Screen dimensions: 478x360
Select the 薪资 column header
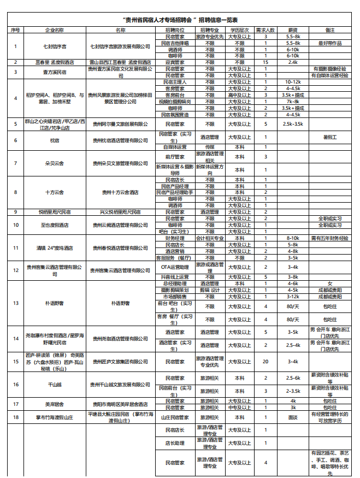point(293,29)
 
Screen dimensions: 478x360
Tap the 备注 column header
point(329,29)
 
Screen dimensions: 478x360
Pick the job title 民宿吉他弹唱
point(175,43)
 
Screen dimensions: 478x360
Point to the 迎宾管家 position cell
point(175,62)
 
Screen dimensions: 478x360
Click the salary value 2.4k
point(293,62)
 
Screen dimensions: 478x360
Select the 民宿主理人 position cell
point(175,82)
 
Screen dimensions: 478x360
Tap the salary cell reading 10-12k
point(293,82)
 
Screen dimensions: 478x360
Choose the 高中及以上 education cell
point(240,95)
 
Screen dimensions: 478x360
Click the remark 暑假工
point(329,138)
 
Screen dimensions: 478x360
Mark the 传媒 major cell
point(210,147)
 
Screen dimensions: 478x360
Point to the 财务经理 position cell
point(175,238)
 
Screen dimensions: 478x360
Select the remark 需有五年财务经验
point(329,238)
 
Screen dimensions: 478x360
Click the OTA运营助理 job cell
point(175,267)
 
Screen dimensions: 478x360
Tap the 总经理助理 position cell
point(175,284)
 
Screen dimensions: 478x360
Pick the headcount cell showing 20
point(265,361)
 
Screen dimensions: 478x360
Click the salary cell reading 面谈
point(293,417)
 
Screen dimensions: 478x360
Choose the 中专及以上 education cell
point(240,407)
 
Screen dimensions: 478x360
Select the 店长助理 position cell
point(175,444)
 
